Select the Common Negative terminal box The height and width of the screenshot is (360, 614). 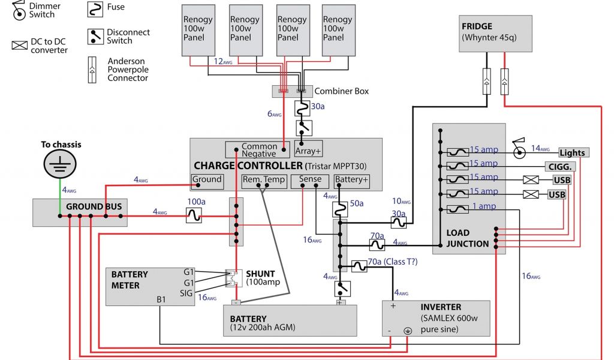pyautogui.click(x=258, y=150)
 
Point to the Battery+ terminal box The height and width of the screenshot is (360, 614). pyautogui.click(x=351, y=179)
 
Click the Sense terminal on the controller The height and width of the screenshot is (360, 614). pyautogui.click(x=310, y=179)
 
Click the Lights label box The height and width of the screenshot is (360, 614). pyautogui.click(x=573, y=153)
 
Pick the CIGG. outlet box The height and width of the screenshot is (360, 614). pyautogui.click(x=558, y=167)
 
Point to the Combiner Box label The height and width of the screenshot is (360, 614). pyautogui.click(x=342, y=91)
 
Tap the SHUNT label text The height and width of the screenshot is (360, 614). pyautogui.click(x=260, y=274)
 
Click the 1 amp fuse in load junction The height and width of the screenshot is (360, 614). pyautogui.click(x=458, y=209)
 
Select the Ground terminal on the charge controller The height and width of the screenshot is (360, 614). pyautogui.click(x=207, y=179)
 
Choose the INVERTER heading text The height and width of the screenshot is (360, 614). pyautogui.click(x=441, y=307)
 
